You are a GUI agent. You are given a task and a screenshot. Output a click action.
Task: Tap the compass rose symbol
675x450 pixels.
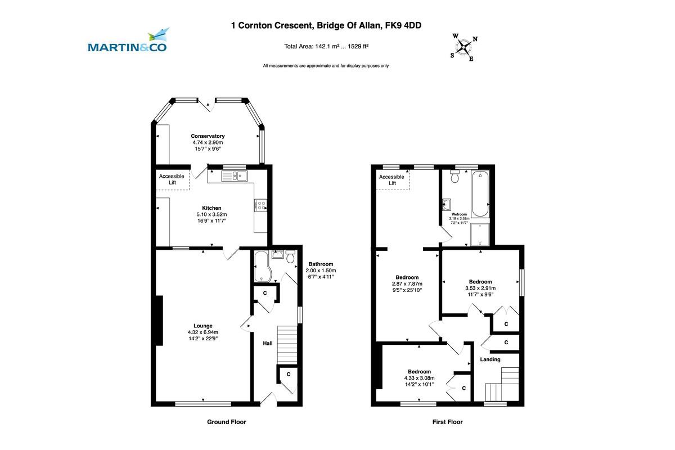click(x=463, y=47)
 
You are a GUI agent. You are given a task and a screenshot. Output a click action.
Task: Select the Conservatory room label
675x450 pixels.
click(x=208, y=136)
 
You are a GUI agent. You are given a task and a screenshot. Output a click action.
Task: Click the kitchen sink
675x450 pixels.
click(x=235, y=176)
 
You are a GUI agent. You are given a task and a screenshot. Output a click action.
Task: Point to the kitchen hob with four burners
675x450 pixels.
click(x=260, y=205)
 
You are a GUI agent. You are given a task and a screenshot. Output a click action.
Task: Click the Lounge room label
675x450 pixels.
click(x=203, y=326)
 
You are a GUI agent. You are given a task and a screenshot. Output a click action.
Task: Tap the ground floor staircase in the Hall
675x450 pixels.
click(x=287, y=345)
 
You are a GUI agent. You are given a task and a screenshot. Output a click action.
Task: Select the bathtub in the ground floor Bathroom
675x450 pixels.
click(x=263, y=267)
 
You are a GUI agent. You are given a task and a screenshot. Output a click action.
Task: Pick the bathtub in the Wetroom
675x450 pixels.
click(x=480, y=194)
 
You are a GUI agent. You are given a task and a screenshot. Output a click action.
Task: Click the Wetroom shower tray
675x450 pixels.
click(x=480, y=234)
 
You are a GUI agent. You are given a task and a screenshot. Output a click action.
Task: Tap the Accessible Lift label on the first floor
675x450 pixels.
click(x=391, y=180)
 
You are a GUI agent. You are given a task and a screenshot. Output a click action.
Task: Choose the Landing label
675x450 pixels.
click(x=490, y=359)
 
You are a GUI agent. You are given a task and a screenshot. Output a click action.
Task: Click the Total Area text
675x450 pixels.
click(x=326, y=47)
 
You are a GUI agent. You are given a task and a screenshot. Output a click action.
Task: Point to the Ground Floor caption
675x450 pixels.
click(x=226, y=422)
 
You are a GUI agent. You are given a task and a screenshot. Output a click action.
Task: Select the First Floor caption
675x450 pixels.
click(x=447, y=422)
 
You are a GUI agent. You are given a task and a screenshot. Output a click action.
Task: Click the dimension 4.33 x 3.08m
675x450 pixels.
click(x=419, y=378)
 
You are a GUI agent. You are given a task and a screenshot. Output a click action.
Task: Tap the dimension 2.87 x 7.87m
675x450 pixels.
click(x=407, y=283)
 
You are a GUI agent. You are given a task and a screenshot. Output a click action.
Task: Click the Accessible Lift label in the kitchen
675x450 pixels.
click(x=172, y=179)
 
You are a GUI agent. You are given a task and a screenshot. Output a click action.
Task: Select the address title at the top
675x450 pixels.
click(x=326, y=25)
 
